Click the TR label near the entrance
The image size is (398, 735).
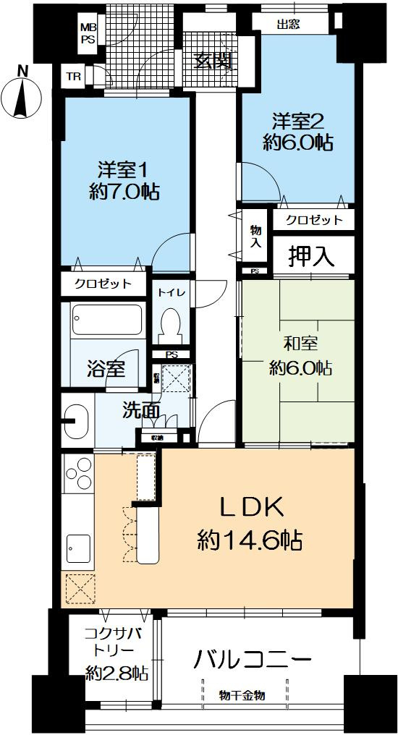point(74,76)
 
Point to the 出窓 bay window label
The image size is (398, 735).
point(289,24)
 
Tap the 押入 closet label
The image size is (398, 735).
point(313,255)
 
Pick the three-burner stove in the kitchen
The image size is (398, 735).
point(77,478)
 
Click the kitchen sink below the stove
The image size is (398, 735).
point(77,545)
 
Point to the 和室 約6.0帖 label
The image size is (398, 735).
point(299,356)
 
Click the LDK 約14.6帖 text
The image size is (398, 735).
point(250,522)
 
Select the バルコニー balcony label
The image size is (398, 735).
point(253,660)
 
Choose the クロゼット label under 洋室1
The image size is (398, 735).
point(103,284)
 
